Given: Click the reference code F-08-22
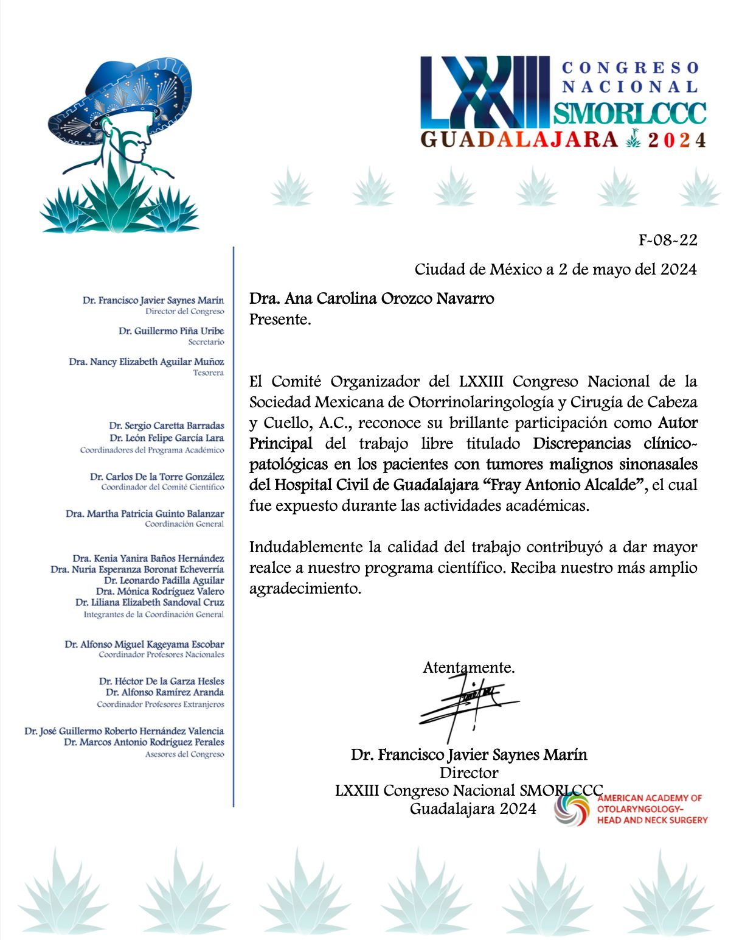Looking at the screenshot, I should point(667,240).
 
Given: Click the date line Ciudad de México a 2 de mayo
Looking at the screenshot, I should point(555,269).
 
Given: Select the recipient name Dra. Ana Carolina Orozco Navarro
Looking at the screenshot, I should point(371,299).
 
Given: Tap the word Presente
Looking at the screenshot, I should point(280,320).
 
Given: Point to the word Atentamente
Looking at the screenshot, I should point(468,667).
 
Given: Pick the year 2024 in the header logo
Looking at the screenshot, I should point(676,141).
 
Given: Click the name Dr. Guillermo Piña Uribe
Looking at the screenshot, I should point(171,331).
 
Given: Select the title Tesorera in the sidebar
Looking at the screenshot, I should point(208,373).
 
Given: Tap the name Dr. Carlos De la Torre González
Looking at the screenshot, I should point(157,477).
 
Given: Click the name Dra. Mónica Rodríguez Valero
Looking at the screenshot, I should point(159,591).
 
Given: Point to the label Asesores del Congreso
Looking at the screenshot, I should point(184,754).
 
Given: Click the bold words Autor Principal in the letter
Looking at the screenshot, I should point(678,423).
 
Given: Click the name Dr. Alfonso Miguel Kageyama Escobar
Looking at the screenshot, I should point(144,644).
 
